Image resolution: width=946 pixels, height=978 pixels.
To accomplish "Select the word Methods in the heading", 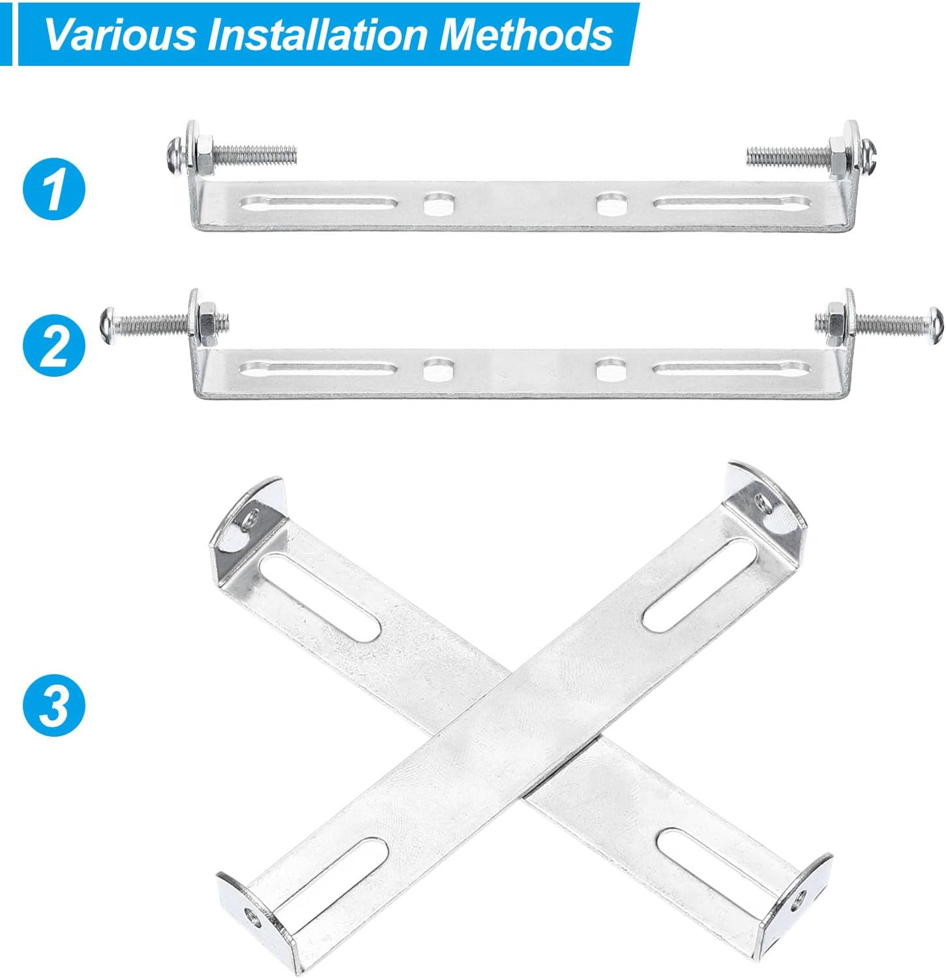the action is coord(527,34).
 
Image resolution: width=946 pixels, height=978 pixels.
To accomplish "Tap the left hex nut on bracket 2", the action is coord(204,323).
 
